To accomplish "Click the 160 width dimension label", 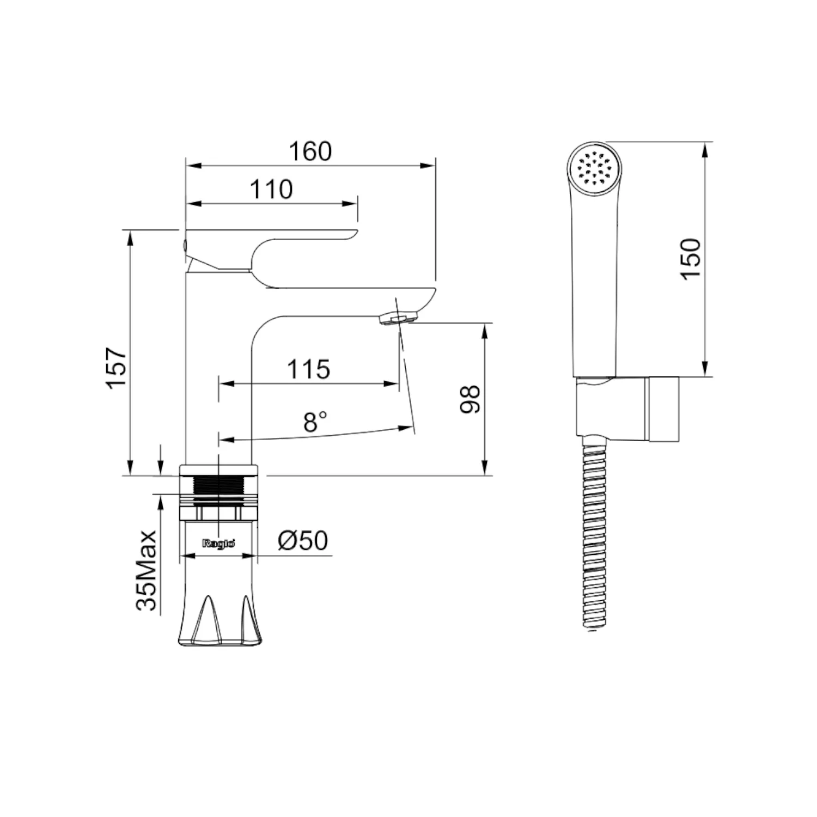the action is coord(310,151).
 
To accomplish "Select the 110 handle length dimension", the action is coord(271,189).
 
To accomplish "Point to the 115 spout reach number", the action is coord(308,369).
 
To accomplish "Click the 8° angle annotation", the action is coord(315,422).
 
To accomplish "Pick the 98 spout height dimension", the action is coord(470,399).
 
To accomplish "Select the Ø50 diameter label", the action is coord(303,540).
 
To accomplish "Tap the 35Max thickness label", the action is coord(147,570).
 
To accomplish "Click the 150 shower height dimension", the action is coord(691,259).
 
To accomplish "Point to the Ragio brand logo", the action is coord(218,543).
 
